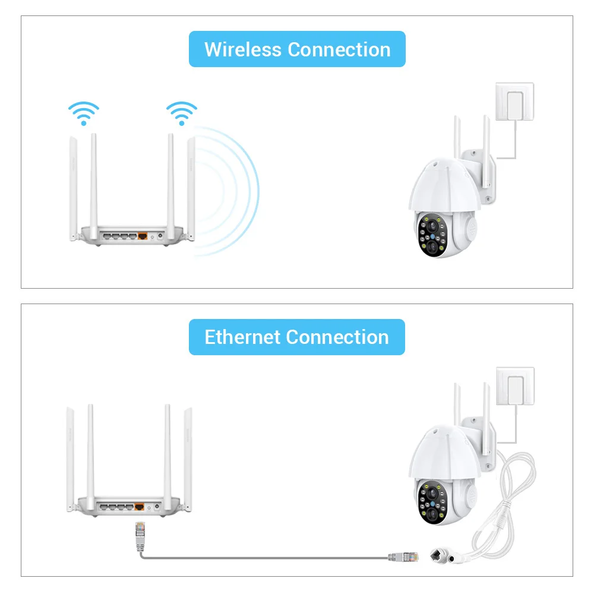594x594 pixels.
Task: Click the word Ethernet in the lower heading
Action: (242, 337)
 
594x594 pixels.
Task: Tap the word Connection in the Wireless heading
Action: (339, 49)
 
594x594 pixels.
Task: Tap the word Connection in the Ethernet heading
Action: (337, 337)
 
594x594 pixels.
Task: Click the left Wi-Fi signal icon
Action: (84, 113)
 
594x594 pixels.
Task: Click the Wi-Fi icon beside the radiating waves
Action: (181, 113)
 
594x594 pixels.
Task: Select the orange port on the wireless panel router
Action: (143, 235)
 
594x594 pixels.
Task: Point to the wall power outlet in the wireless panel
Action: (514, 102)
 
